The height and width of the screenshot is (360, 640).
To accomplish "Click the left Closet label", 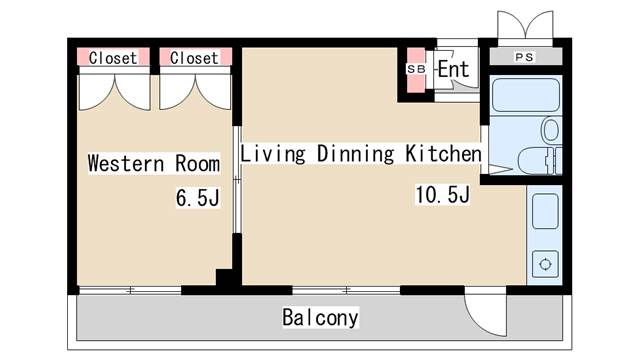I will pos(113,58).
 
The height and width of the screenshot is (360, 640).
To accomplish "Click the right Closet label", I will pos(194,58).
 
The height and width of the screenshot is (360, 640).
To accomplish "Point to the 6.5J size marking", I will pos(197,198).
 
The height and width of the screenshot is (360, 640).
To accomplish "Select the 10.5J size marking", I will pos(442,194).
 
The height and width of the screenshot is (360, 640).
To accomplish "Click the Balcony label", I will pos(320,319).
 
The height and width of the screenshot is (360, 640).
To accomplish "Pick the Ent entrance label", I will pos(453,70).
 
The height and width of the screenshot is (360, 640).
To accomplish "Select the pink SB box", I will pos(415,69).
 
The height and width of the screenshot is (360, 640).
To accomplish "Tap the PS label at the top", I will pos(524,57).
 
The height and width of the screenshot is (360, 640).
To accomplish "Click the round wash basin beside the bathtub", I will pos(549,130).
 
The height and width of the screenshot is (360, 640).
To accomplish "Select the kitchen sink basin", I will pos(545,212).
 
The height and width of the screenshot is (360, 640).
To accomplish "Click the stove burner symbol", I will pos(545,265).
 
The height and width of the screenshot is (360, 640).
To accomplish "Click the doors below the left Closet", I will pos(114,92).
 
